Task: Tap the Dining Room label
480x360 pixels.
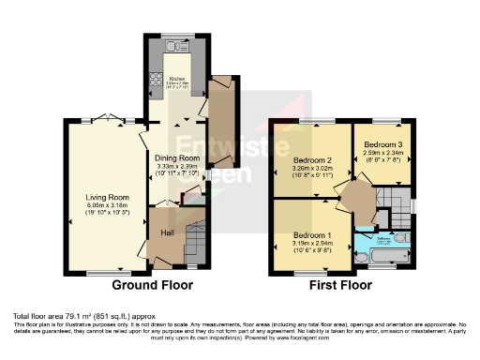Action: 173,157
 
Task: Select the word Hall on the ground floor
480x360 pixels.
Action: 167,232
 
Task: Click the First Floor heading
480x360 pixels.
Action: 336,284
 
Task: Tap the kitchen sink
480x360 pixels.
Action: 173,47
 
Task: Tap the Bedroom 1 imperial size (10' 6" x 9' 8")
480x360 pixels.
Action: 309,249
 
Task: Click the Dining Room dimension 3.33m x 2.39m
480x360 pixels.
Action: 173,166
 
